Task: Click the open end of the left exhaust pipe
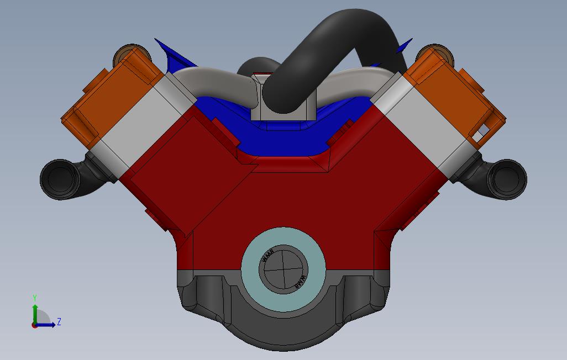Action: (59, 179)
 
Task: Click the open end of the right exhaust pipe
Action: (508, 179)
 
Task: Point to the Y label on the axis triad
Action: (35, 298)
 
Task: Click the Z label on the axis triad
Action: (59, 321)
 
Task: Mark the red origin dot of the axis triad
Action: (35, 325)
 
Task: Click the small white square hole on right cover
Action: (483, 131)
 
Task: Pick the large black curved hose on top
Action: (332, 50)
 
